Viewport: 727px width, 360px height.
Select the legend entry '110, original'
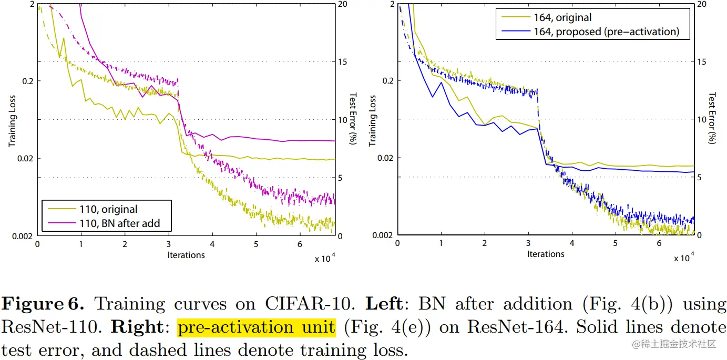pos(108,209)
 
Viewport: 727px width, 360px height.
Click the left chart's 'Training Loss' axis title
pos(12,120)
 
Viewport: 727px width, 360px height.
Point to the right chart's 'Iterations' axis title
pos(546,254)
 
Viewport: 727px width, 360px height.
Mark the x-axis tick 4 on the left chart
pos(212,245)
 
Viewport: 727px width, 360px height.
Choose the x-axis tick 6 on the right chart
pos(659,244)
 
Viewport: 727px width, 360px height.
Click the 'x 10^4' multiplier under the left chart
pos(325,259)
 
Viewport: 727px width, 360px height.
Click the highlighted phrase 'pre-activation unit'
pos(257,327)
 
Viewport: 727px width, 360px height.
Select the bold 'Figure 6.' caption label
pos(43,304)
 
